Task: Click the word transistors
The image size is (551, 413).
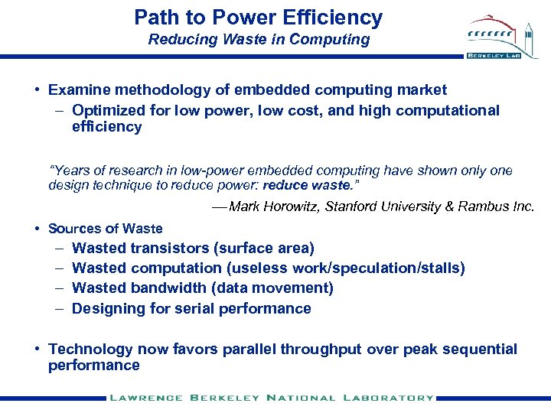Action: tap(171, 248)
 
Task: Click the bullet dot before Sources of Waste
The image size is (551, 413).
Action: tap(37, 228)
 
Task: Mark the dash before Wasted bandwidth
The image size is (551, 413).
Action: tap(60, 288)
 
